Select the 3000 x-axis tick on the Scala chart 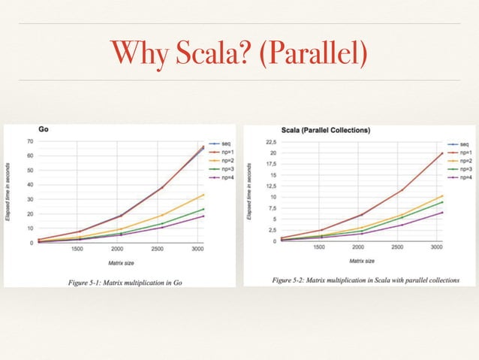click(x=435, y=247)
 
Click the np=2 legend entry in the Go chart click(x=221, y=161)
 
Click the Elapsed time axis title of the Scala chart click(x=249, y=192)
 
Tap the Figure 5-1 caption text click(x=121, y=281)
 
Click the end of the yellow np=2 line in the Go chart click(x=204, y=195)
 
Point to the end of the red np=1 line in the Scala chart click(x=442, y=153)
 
